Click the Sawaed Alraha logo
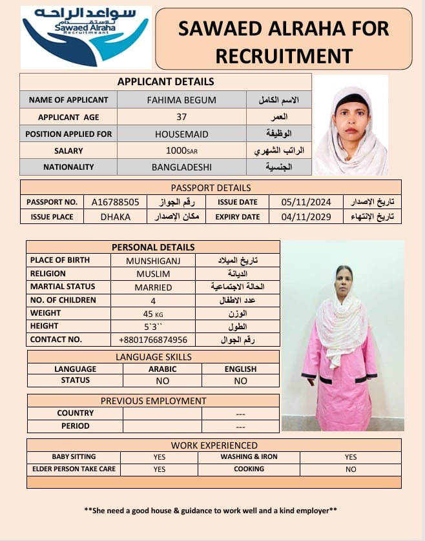(x=85, y=36)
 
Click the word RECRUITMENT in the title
(x=284, y=56)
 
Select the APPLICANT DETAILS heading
(x=165, y=82)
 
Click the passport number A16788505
(x=116, y=202)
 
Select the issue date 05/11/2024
(x=306, y=202)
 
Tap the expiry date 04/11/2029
(x=306, y=217)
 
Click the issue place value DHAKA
(x=116, y=217)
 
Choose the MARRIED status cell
(x=153, y=287)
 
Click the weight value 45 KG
(x=153, y=313)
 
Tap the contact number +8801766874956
(x=153, y=340)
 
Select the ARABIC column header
(x=163, y=369)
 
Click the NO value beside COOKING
(x=351, y=469)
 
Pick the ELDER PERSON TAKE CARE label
(x=74, y=469)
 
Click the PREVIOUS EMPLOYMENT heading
(x=153, y=401)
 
